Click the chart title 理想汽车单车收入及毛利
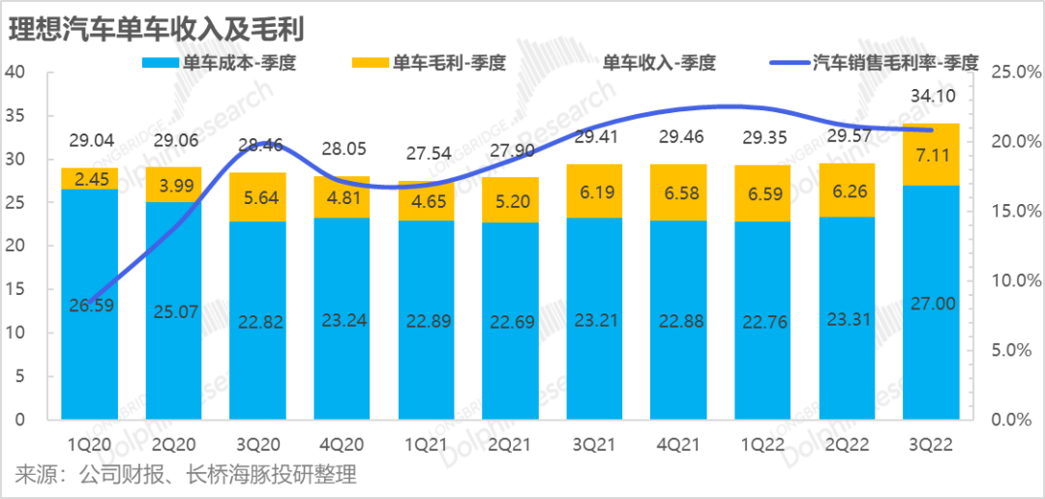[x=155, y=29]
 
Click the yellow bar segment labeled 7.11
[x=932, y=154]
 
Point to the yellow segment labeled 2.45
[x=90, y=178]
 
